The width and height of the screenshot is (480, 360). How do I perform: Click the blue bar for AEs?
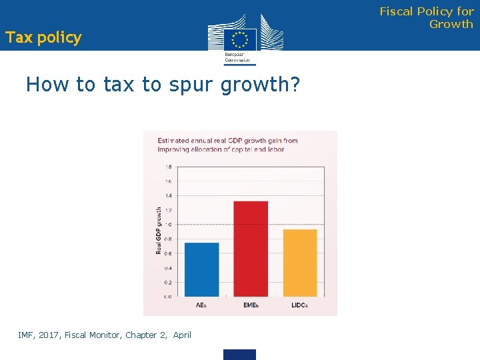[x=201, y=269]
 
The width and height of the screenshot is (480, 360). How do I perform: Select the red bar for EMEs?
[x=251, y=249]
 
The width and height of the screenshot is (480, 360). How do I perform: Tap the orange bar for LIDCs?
[x=300, y=263]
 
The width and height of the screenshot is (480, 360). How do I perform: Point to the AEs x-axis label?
[x=201, y=305]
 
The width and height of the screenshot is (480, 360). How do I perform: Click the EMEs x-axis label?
[x=251, y=305]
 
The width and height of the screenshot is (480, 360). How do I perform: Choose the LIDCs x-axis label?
[x=300, y=305]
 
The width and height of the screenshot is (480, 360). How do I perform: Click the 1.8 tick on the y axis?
[x=168, y=167]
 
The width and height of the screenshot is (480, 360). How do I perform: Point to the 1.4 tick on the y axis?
[x=168, y=195]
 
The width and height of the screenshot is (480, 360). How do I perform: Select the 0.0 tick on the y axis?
[x=168, y=297]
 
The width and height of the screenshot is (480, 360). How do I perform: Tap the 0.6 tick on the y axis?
[x=168, y=253]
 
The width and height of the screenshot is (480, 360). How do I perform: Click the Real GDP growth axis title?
[x=159, y=230]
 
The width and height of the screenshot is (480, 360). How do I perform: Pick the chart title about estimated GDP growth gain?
[x=227, y=145]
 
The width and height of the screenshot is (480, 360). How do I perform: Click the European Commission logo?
[x=239, y=39]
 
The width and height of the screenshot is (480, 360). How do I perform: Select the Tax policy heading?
[x=43, y=37]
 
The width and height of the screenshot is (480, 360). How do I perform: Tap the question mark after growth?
[x=295, y=85]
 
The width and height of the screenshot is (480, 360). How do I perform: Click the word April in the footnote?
[x=182, y=335]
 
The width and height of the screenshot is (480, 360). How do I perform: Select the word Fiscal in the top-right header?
[x=397, y=11]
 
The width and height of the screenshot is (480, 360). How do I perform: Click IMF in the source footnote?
[x=26, y=335]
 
